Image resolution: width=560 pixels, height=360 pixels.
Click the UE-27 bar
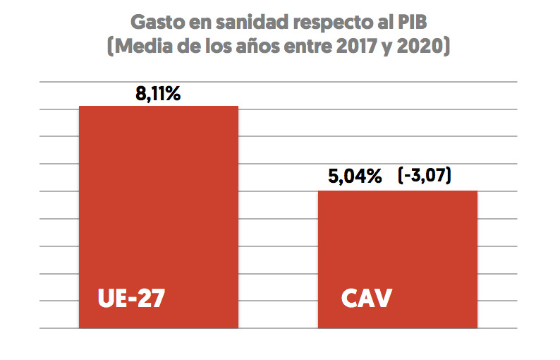158,212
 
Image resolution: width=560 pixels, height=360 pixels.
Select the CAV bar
398,254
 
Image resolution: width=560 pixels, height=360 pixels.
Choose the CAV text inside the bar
366,298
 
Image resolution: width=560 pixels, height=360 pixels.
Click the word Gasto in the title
157,22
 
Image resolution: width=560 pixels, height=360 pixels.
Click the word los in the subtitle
210,48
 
